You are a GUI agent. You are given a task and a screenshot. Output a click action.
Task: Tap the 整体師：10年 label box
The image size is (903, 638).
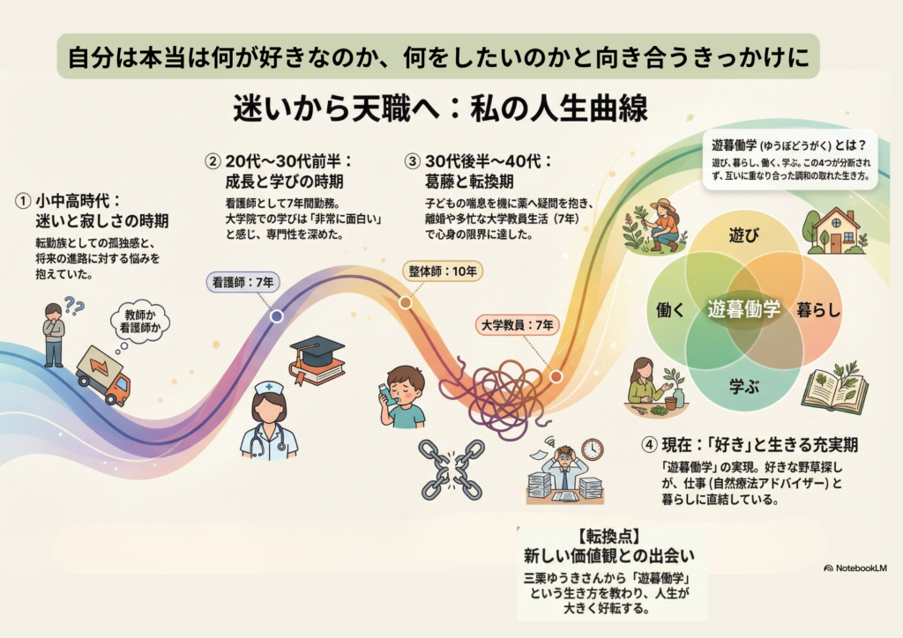pos(444,271)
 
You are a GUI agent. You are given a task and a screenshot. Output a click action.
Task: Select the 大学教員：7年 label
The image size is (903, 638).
pos(516,325)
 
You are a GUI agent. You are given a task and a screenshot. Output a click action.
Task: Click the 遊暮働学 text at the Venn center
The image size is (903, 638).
pos(743,309)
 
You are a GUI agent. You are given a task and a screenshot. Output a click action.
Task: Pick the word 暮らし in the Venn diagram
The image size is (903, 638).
pos(818,310)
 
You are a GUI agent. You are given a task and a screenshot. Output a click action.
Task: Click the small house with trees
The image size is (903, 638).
pos(834,231)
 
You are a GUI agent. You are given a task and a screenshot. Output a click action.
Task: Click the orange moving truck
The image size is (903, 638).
pos(103,375)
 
